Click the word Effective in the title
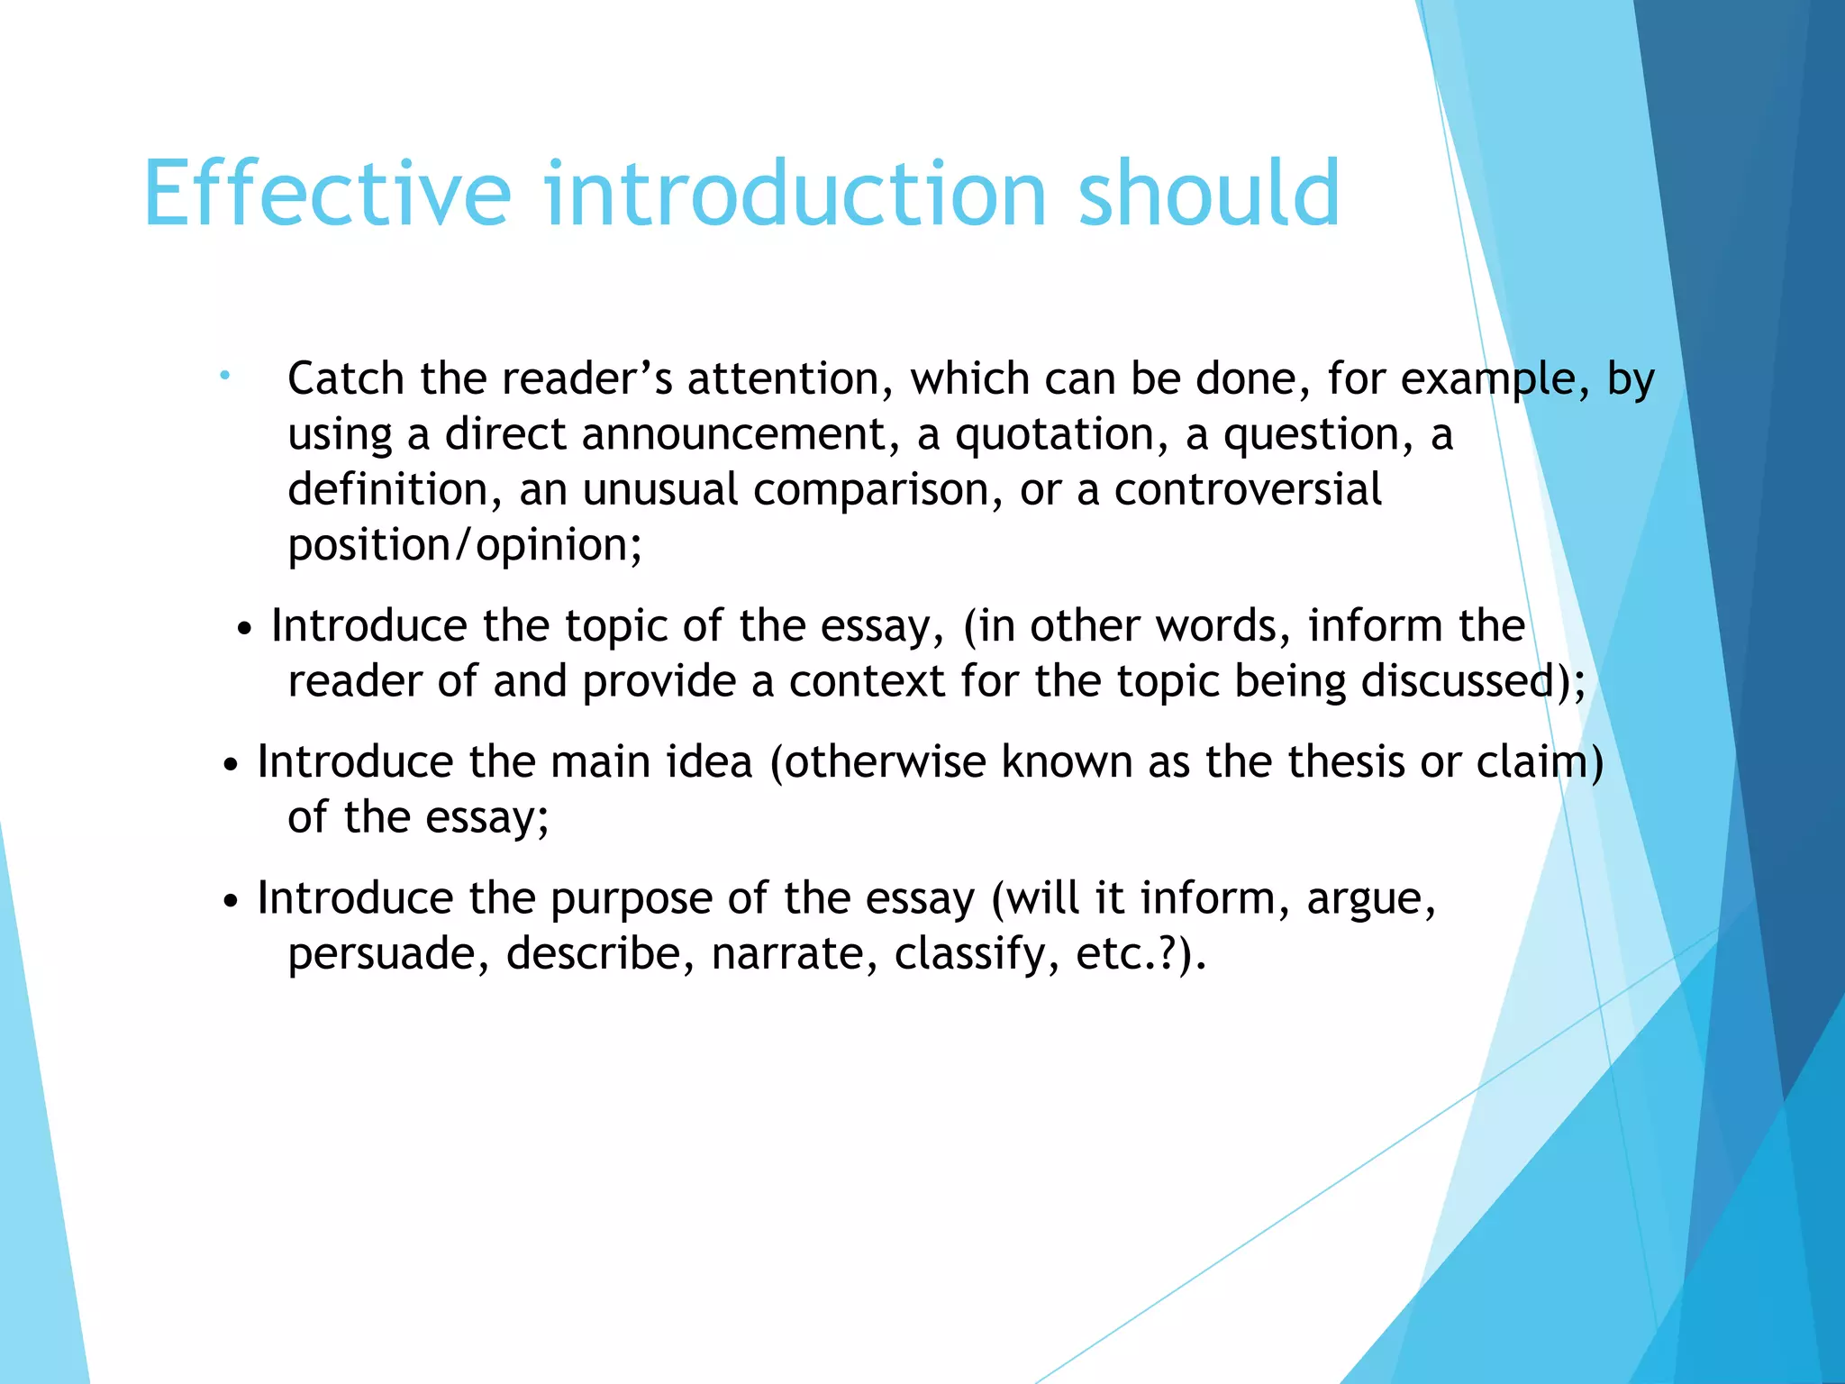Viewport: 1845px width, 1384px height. point(327,193)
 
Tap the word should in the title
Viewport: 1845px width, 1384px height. point(1208,193)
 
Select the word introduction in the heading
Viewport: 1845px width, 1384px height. point(795,193)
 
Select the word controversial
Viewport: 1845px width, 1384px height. point(1248,489)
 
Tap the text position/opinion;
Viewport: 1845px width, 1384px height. point(465,545)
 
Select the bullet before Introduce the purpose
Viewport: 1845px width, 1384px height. point(231,901)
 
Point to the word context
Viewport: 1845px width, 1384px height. point(867,682)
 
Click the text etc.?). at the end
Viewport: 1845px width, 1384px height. point(1141,954)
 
